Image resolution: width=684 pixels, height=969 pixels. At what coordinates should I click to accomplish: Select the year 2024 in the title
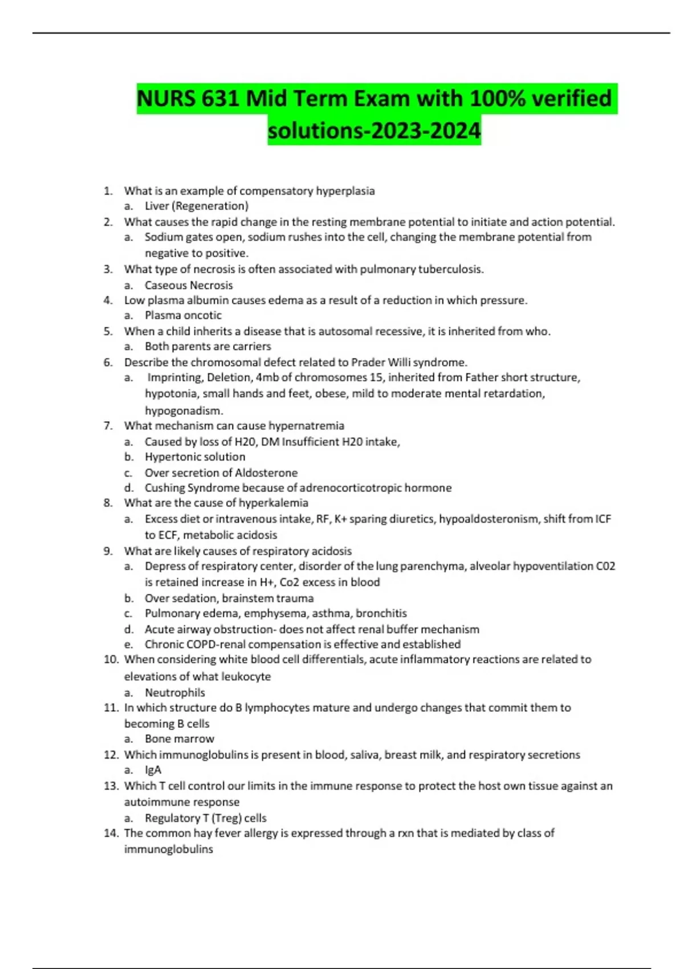(x=455, y=131)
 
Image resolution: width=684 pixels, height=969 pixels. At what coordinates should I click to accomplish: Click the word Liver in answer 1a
(x=157, y=206)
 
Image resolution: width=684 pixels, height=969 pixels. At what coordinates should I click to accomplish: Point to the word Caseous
(x=166, y=285)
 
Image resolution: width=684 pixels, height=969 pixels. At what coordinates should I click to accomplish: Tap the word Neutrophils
(x=174, y=693)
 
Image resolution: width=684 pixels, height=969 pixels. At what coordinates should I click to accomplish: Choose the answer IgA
(x=153, y=770)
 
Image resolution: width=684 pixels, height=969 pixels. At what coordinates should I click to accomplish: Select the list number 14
(x=111, y=833)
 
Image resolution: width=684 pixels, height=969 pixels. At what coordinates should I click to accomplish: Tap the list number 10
(x=111, y=659)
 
